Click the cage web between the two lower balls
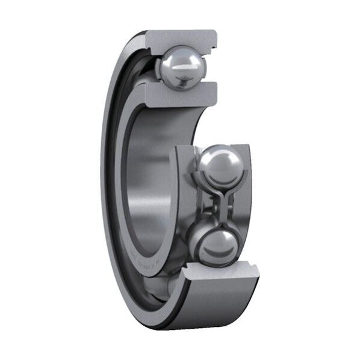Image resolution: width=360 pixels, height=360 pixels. coord(220,205)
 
